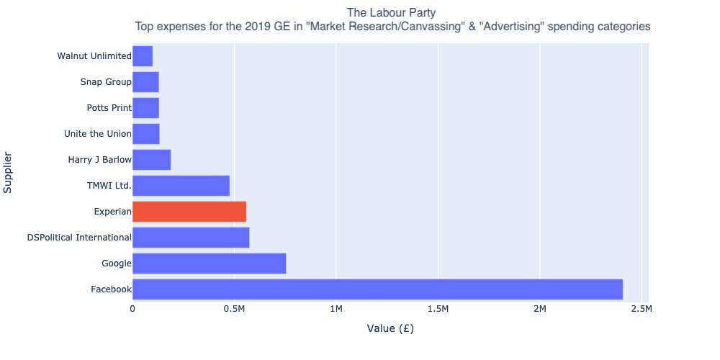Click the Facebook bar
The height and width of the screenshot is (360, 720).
tap(377, 289)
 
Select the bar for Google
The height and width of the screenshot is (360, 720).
tap(209, 264)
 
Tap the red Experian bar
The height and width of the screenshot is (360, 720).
tap(189, 212)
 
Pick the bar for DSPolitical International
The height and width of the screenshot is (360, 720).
tap(191, 238)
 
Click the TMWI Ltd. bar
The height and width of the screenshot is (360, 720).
tap(181, 186)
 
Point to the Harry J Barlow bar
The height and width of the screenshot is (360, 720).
tap(151, 160)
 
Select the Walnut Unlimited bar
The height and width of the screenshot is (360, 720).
tap(143, 56)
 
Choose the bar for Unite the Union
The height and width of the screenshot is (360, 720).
tap(146, 134)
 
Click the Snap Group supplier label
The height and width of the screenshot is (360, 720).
tap(106, 82)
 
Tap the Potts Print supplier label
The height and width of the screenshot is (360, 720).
tap(109, 108)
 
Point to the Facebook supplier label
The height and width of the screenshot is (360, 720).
tap(111, 289)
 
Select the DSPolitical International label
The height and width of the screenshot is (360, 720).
tap(79, 238)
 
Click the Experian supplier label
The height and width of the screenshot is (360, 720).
tap(112, 212)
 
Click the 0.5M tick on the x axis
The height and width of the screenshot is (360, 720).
tap(234, 309)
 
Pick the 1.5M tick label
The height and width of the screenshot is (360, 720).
tap(438, 309)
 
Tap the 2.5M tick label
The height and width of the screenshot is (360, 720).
tap(642, 309)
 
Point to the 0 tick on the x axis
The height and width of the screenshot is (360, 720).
tap(132, 309)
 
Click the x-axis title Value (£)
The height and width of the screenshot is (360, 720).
tap(390, 329)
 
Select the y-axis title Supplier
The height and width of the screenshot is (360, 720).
tap(9, 173)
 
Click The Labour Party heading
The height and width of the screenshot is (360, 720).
tap(391, 12)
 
